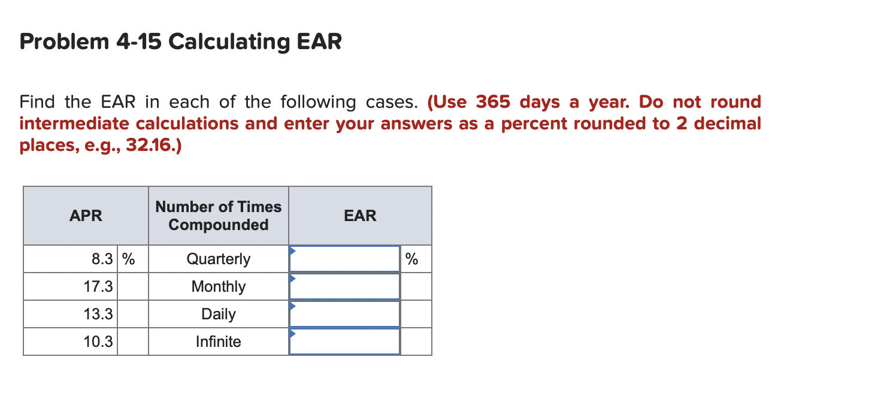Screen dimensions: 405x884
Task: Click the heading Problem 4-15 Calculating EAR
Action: (x=180, y=42)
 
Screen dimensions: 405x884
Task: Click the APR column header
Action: (x=86, y=216)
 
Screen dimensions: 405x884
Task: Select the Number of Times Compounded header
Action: (x=218, y=216)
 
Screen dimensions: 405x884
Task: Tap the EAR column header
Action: (x=360, y=216)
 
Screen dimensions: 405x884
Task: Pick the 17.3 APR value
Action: (x=98, y=287)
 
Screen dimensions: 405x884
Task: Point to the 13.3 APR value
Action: (x=98, y=315)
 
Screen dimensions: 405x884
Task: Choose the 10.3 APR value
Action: (x=98, y=342)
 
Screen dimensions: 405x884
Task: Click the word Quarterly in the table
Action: (x=218, y=259)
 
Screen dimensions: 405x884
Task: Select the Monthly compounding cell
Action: (x=218, y=287)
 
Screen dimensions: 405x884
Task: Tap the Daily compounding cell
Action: (x=218, y=315)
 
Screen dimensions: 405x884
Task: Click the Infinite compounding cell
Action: (x=218, y=342)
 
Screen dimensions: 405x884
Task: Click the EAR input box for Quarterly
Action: (x=344, y=259)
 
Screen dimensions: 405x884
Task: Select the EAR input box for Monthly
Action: (x=344, y=287)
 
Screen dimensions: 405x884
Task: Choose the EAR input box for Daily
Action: (x=344, y=315)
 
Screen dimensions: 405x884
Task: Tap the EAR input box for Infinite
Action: (x=344, y=342)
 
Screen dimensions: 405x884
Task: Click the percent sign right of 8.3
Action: (x=129, y=259)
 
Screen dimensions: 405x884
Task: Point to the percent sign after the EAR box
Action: (x=411, y=259)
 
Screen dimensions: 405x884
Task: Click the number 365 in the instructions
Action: (x=493, y=102)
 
